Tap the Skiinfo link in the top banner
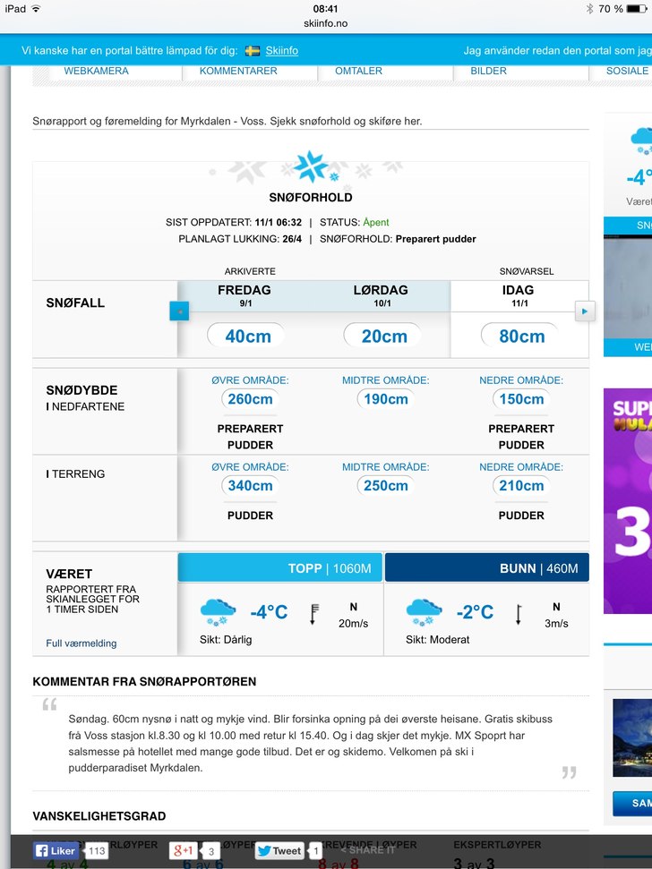pyautogui.click(x=282, y=51)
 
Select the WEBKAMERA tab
pyautogui.click(x=96, y=71)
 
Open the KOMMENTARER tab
pyautogui.click(x=238, y=71)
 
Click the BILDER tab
pyautogui.click(x=488, y=71)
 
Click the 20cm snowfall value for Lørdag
pyautogui.click(x=383, y=337)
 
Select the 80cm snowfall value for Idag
pyautogui.click(x=520, y=337)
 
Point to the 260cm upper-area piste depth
pyautogui.click(x=250, y=399)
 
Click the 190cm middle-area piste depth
pyautogui.click(x=385, y=399)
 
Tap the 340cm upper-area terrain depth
pyautogui.click(x=250, y=486)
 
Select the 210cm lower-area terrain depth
pyautogui.click(x=521, y=486)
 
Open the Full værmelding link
pyautogui.click(x=81, y=643)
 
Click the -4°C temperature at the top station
pyautogui.click(x=269, y=613)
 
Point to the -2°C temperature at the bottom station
pyautogui.click(x=475, y=613)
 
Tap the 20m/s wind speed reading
pyautogui.click(x=353, y=624)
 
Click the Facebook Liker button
pyautogui.click(x=56, y=851)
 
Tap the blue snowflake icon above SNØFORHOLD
pyautogui.click(x=311, y=166)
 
